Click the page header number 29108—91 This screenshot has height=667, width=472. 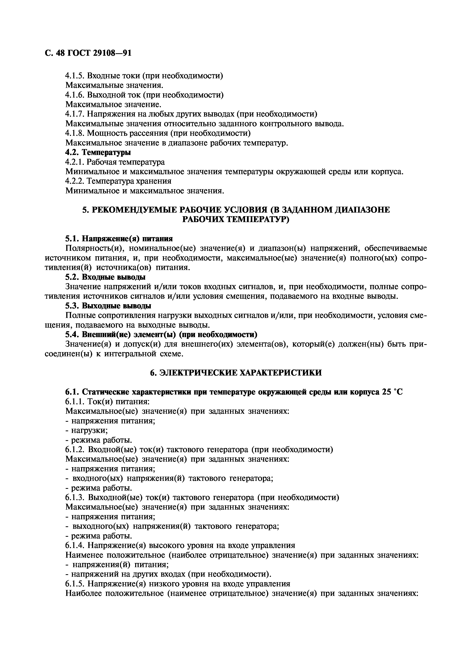click(112, 53)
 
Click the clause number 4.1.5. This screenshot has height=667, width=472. click(75, 76)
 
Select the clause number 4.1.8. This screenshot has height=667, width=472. click(75, 133)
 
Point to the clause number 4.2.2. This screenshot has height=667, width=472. click(75, 181)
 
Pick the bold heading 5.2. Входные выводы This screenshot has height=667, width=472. click(105, 277)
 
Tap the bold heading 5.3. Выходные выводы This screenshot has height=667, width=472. click(108, 306)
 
